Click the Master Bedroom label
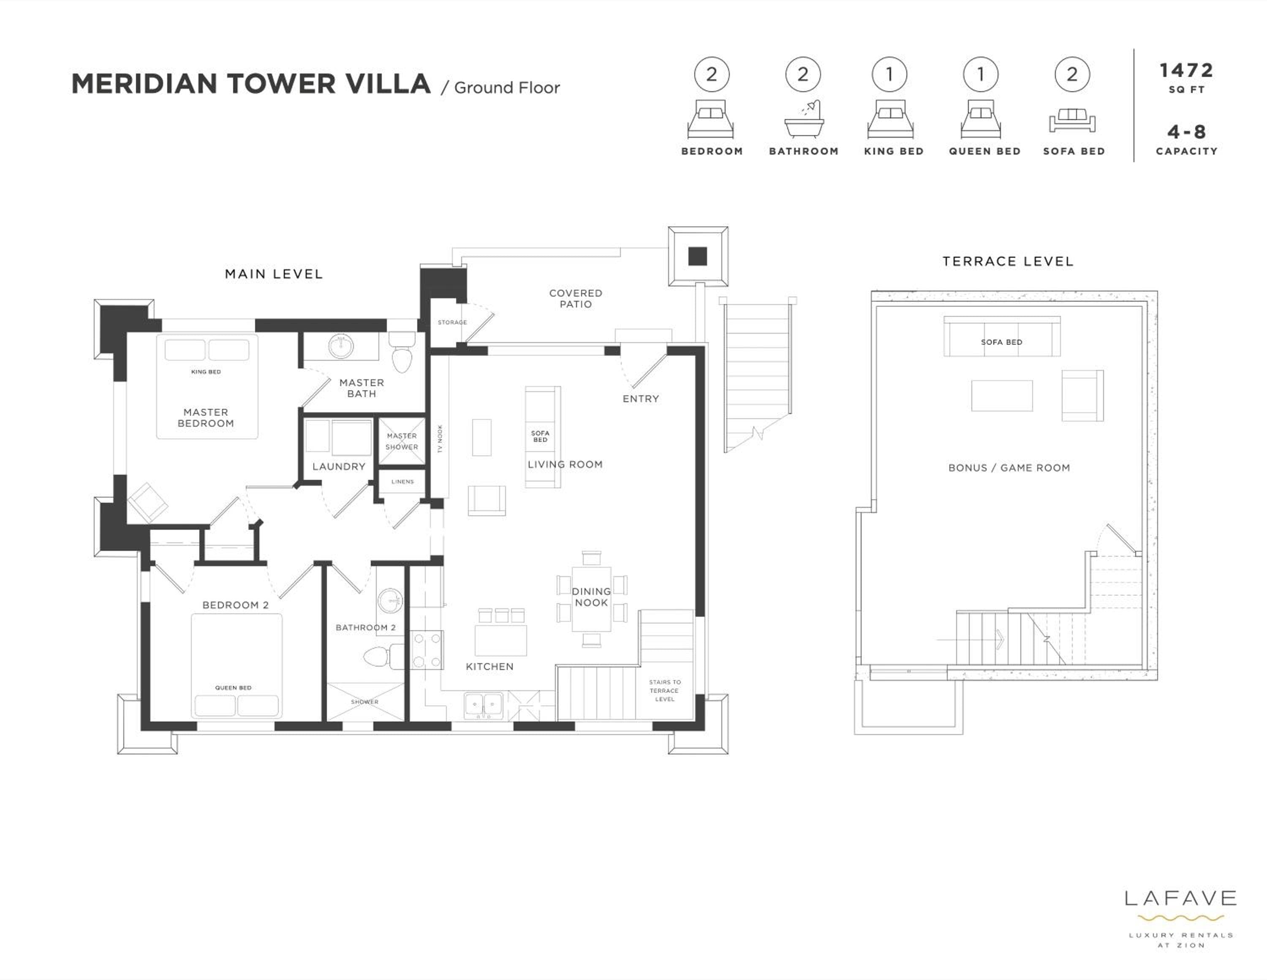[206, 418]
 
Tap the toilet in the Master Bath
[402, 351]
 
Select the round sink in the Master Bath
[341, 346]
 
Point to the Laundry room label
[339, 466]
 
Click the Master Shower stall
[402, 441]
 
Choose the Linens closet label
[402, 482]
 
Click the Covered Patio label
[576, 299]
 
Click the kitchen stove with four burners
[427, 650]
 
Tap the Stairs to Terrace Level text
[665, 691]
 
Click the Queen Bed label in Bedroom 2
[233, 688]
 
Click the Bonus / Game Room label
[1009, 468]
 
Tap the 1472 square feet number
[1186, 71]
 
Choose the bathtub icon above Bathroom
[803, 119]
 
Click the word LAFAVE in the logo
[1180, 899]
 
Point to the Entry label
[641, 399]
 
